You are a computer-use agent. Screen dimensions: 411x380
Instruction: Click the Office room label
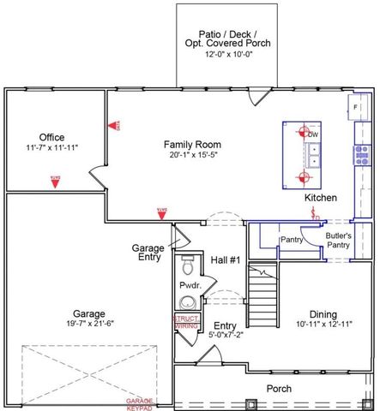click(x=51, y=137)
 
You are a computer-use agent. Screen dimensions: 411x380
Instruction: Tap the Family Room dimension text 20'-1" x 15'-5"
click(x=193, y=156)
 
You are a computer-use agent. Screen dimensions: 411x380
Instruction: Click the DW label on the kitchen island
click(x=314, y=134)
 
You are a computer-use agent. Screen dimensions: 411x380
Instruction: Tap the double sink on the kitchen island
click(x=315, y=154)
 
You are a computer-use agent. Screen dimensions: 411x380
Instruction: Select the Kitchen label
click(x=321, y=198)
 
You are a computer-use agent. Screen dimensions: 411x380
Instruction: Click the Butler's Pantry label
click(x=338, y=239)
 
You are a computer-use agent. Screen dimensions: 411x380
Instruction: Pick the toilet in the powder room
click(x=188, y=265)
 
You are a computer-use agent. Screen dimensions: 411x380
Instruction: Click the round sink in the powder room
click(x=187, y=302)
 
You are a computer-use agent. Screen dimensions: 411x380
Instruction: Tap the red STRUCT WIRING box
click(x=186, y=322)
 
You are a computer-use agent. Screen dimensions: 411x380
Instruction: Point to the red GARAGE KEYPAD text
click(x=141, y=403)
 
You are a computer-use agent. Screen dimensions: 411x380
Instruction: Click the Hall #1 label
click(x=226, y=259)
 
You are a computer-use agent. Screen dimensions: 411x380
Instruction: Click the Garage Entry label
click(x=148, y=253)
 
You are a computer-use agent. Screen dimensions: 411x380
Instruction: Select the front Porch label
click(x=279, y=388)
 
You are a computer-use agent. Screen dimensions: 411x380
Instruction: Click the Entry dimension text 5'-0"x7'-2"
click(x=226, y=337)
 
